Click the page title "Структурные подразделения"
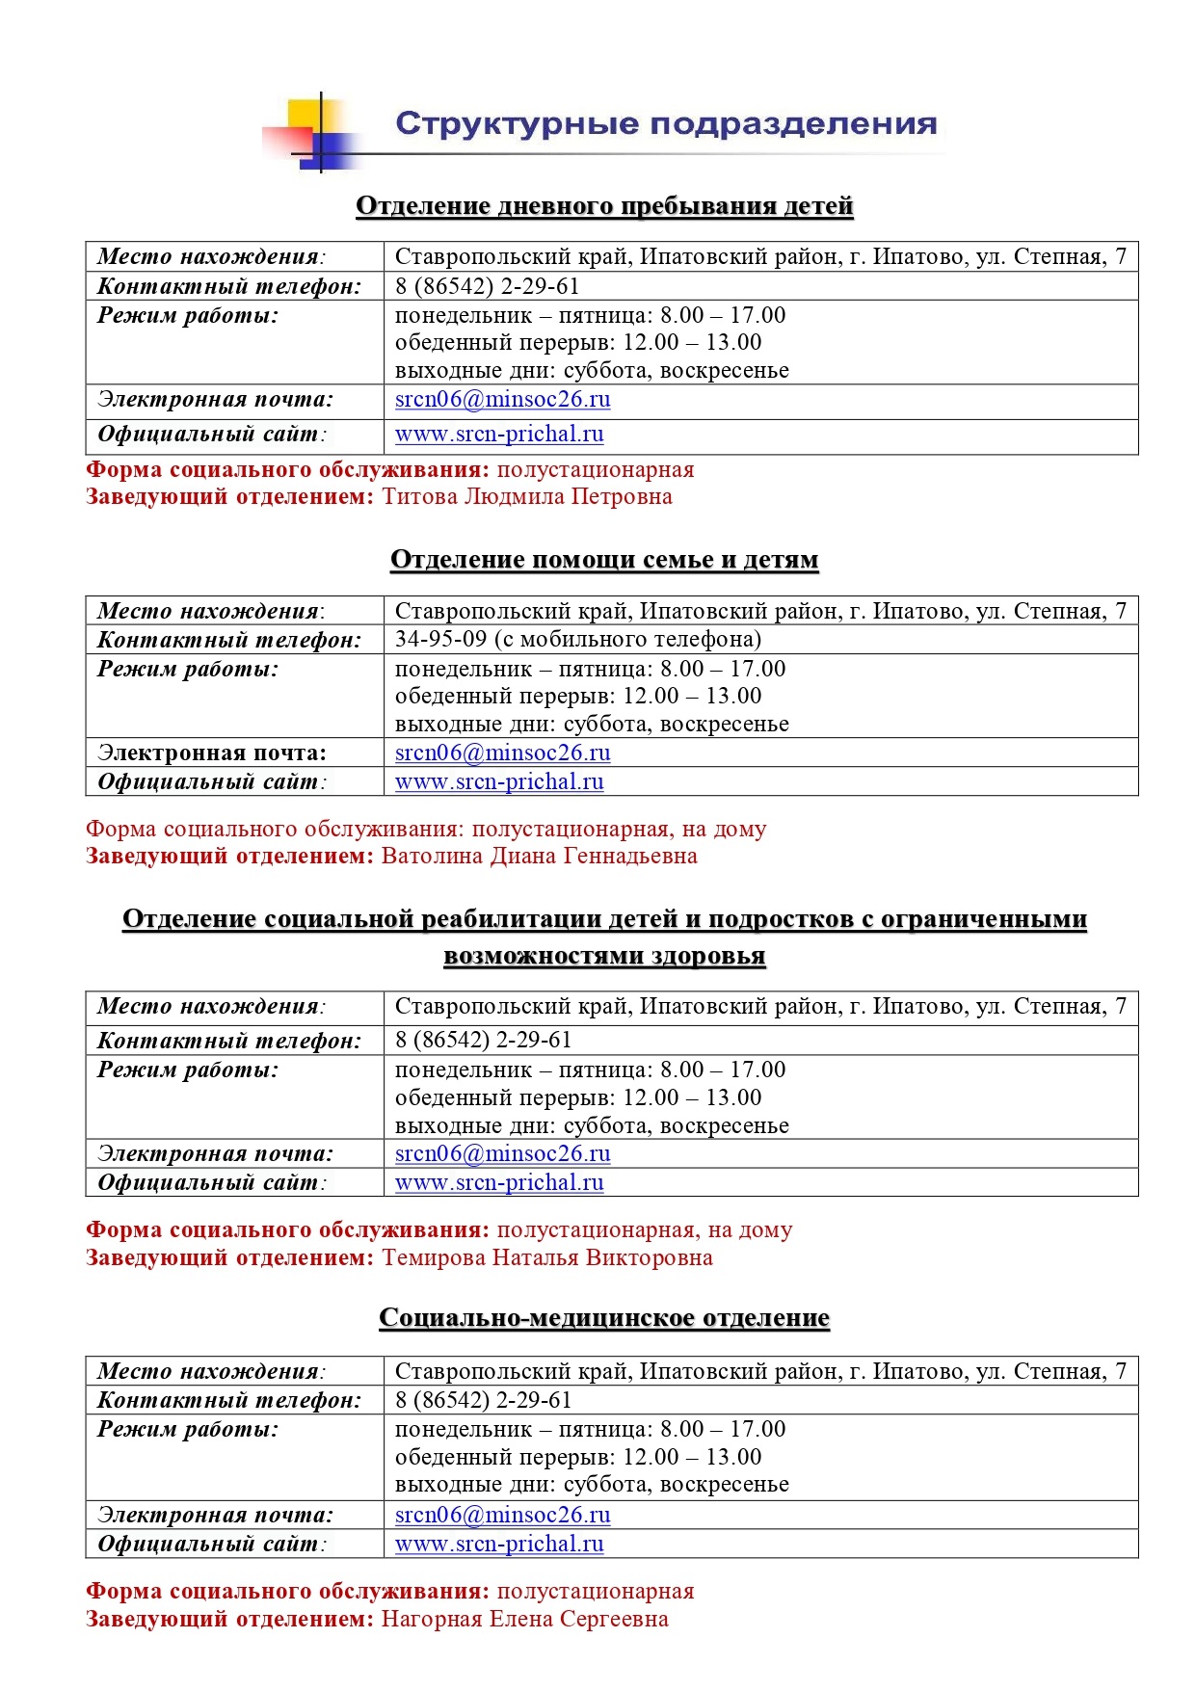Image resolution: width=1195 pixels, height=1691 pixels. click(666, 124)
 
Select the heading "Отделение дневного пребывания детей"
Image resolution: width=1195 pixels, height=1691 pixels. click(604, 206)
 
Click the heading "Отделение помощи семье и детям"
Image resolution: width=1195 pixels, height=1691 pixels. click(604, 560)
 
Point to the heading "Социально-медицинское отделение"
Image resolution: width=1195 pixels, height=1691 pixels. click(604, 1317)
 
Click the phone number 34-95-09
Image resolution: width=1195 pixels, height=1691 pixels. click(440, 640)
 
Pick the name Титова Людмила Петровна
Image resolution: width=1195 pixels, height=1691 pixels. click(527, 497)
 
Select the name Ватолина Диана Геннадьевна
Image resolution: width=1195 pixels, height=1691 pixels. click(539, 857)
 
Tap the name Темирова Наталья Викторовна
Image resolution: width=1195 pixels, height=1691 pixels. click(547, 1257)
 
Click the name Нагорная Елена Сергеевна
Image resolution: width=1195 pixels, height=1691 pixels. click(524, 1619)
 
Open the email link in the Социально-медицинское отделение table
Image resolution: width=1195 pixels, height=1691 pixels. click(502, 1515)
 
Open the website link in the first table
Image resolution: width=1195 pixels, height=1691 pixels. click(499, 435)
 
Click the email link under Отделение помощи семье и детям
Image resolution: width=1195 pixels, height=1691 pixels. click(502, 753)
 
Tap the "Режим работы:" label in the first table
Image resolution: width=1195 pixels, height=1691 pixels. click(188, 316)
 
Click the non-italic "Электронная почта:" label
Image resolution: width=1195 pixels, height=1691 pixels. click(212, 753)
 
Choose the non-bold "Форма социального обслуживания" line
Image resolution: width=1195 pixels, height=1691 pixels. click(426, 829)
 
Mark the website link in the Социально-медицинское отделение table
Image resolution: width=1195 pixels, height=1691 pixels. click(499, 1544)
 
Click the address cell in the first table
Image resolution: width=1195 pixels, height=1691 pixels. click(760, 257)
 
